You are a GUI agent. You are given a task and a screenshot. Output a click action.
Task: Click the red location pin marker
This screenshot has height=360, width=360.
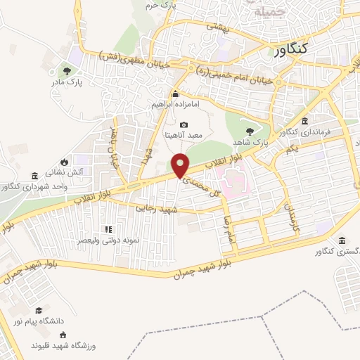(x=181, y=165)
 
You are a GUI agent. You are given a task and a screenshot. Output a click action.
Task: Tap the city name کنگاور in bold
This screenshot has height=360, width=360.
(x=289, y=50)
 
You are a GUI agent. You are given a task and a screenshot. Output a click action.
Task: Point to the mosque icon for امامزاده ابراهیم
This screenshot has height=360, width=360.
(x=175, y=94)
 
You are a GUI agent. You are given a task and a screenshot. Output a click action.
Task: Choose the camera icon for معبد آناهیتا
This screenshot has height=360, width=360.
(x=184, y=124)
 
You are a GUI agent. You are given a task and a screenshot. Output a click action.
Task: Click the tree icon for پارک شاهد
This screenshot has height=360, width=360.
(x=250, y=131)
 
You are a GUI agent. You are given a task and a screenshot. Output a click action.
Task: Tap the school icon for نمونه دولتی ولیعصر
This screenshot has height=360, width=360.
(x=108, y=229)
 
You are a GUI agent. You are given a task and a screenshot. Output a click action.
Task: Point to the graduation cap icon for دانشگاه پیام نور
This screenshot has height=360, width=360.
(x=40, y=310)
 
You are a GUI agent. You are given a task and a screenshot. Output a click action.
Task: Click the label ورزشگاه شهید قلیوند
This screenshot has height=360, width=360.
(x=63, y=346)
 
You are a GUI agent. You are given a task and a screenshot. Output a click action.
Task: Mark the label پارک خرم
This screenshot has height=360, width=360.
(x=158, y=6)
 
